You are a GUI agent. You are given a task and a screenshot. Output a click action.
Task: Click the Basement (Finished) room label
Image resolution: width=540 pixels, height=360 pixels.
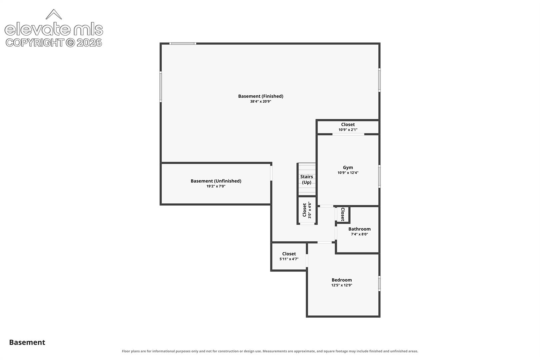pyautogui.click(x=261, y=96)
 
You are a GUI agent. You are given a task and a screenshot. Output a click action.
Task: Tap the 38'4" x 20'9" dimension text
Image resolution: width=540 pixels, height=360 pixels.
pyautogui.click(x=261, y=102)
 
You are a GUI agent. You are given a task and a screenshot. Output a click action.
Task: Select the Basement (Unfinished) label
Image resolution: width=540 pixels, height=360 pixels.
pyautogui.click(x=216, y=181)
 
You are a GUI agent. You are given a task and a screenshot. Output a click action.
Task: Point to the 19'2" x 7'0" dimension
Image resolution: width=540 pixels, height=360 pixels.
pyautogui.click(x=216, y=186)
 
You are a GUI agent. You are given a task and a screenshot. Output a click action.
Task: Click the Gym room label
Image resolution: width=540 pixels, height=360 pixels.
pyautogui.click(x=348, y=168)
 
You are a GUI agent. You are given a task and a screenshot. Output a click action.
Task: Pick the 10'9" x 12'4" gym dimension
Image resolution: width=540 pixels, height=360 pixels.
pyautogui.click(x=348, y=173)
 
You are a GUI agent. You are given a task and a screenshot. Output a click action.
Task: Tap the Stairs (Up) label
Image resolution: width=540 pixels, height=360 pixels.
pyautogui.click(x=307, y=179)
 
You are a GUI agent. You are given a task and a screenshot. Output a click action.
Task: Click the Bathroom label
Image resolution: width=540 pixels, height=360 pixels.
pyautogui.click(x=359, y=229)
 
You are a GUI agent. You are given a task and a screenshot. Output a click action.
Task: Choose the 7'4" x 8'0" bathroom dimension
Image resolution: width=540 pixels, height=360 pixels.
pyautogui.click(x=359, y=234)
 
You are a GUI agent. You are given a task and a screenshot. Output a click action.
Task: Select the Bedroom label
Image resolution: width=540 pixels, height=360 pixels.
pyautogui.click(x=342, y=280)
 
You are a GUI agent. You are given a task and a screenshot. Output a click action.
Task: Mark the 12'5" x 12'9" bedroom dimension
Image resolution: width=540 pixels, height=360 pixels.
pyautogui.click(x=342, y=285)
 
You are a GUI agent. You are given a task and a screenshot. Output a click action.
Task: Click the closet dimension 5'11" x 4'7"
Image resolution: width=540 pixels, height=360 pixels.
pyautogui.click(x=289, y=259)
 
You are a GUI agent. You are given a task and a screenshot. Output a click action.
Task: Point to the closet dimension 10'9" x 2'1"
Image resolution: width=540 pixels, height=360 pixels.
pyautogui.click(x=348, y=130)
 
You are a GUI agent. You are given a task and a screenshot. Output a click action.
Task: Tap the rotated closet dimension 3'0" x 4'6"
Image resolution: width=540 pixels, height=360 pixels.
pyautogui.click(x=310, y=210)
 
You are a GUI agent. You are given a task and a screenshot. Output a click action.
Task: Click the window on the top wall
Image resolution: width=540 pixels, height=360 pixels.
pyautogui.click(x=183, y=44)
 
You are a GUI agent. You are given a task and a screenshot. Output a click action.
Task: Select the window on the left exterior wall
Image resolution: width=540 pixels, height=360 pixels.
pyautogui.click(x=161, y=87)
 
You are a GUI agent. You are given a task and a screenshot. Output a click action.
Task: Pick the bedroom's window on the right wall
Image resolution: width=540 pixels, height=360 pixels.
pyautogui.click(x=379, y=284)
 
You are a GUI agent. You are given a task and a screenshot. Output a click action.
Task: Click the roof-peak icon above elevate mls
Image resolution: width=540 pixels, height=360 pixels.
pyautogui.click(x=54, y=14)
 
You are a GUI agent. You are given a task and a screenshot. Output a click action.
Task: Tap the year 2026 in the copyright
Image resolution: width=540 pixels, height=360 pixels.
pyautogui.click(x=89, y=43)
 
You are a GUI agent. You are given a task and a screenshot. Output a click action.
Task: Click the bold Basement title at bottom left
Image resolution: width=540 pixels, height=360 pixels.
pyautogui.click(x=27, y=342)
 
